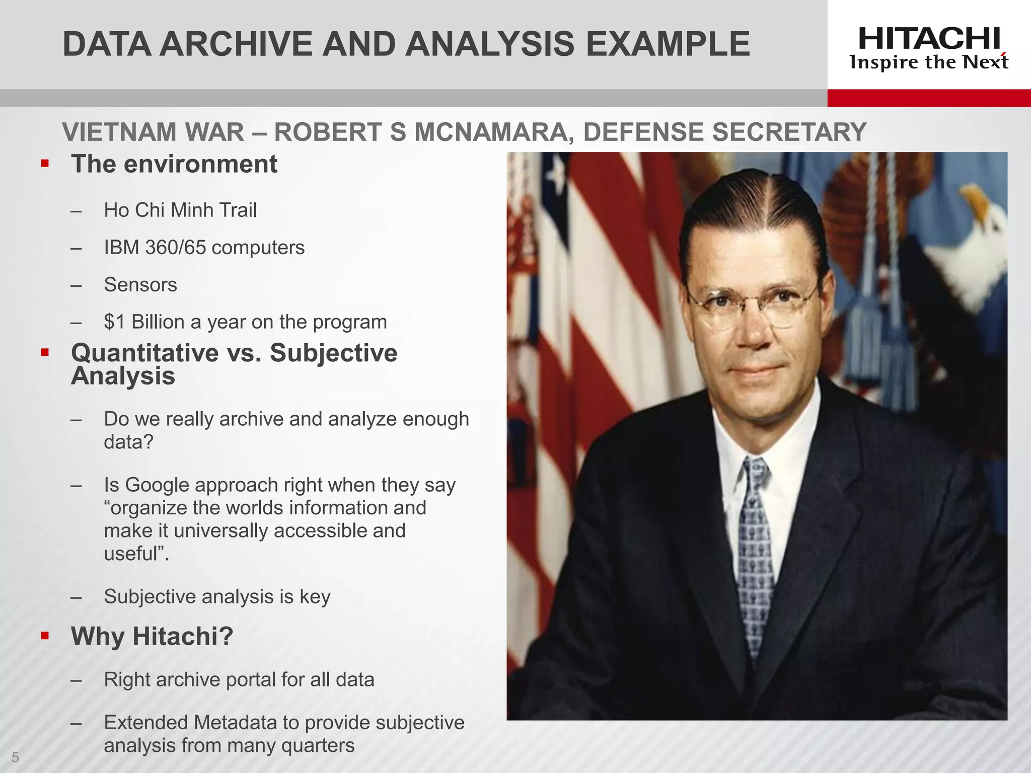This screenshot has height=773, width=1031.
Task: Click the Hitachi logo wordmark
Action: coord(929,39)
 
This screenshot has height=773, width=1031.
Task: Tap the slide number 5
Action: coord(15,757)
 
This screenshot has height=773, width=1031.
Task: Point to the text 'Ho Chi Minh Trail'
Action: coord(180,210)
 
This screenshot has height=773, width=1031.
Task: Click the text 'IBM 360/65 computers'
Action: coord(204,248)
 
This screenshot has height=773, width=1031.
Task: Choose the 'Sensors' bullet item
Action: coord(140,285)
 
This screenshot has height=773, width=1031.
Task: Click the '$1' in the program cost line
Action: coord(114,322)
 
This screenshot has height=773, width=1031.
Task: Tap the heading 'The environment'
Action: coord(174,164)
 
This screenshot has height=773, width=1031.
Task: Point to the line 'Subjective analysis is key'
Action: coord(217,596)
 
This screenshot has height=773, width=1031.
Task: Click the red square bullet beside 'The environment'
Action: coord(45,164)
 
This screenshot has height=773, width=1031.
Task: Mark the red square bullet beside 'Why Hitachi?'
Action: coord(45,636)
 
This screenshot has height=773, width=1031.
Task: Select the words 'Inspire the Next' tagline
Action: coord(929,62)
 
